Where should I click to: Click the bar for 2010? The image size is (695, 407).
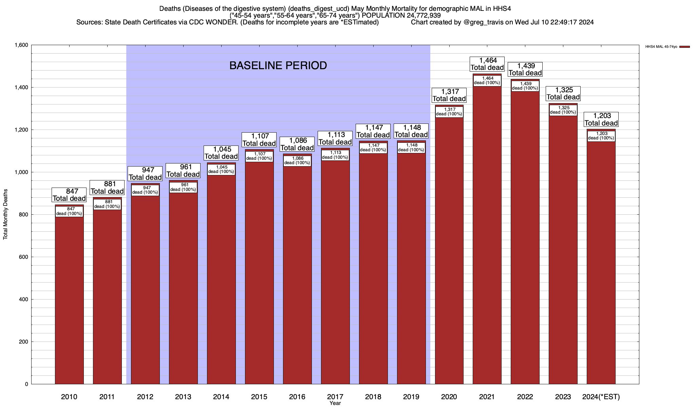69,298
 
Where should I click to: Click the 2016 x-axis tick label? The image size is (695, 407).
297,397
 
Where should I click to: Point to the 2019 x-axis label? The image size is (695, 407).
411,397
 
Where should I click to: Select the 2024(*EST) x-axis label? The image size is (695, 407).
601,397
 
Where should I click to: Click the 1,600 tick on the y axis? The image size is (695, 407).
21,45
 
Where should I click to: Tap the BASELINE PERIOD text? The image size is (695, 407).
278,65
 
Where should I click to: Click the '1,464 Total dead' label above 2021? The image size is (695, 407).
487,64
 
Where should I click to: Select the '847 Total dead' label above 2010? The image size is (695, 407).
69,195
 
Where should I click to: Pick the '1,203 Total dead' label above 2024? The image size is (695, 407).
601,119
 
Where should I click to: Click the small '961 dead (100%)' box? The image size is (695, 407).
183,187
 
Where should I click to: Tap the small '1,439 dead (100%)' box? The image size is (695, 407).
525,86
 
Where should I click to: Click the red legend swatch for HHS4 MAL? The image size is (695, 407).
685,47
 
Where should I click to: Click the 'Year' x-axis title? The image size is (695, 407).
335,403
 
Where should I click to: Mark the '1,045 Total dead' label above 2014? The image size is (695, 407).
221,153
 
